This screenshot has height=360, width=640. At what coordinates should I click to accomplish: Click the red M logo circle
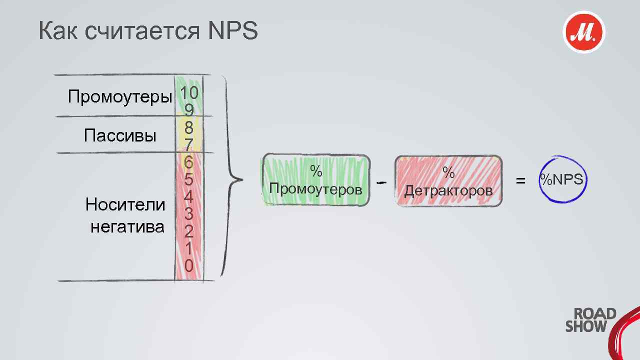pyautogui.click(x=583, y=32)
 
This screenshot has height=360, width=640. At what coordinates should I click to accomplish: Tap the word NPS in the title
pyautogui.click(x=232, y=31)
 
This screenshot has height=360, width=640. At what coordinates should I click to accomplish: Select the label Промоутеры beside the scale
pyautogui.click(x=119, y=96)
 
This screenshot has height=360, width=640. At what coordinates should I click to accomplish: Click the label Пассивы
pyautogui.click(x=120, y=135)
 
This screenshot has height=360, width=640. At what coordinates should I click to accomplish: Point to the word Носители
pyautogui.click(x=125, y=204)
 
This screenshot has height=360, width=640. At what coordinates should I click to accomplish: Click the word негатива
pyautogui.click(x=127, y=226)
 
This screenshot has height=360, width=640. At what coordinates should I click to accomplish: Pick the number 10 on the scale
pyautogui.click(x=189, y=92)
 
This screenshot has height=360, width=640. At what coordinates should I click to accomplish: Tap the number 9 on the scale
pyautogui.click(x=189, y=109)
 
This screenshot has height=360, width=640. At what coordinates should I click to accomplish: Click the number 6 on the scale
pyautogui.click(x=188, y=162)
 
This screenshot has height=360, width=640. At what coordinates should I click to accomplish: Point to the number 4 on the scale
pyautogui.click(x=188, y=197)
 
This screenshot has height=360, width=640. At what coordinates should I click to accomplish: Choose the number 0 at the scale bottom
pyautogui.click(x=188, y=265)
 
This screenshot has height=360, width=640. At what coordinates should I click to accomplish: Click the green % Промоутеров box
pyautogui.click(x=316, y=180)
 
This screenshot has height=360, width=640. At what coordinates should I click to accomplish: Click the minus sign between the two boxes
pyautogui.click(x=381, y=182)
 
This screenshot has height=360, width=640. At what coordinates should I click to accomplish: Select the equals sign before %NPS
pyautogui.click(x=520, y=180)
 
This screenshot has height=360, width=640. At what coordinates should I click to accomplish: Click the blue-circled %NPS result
pyautogui.click(x=561, y=179)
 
